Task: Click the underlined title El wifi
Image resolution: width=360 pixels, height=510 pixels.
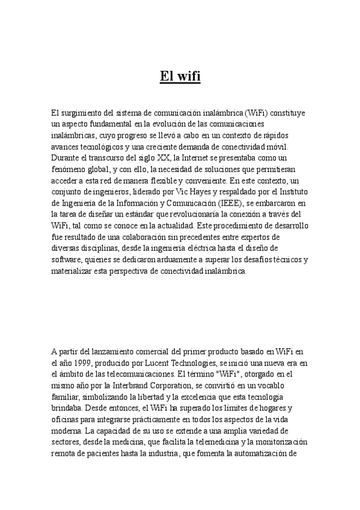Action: [180, 76]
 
